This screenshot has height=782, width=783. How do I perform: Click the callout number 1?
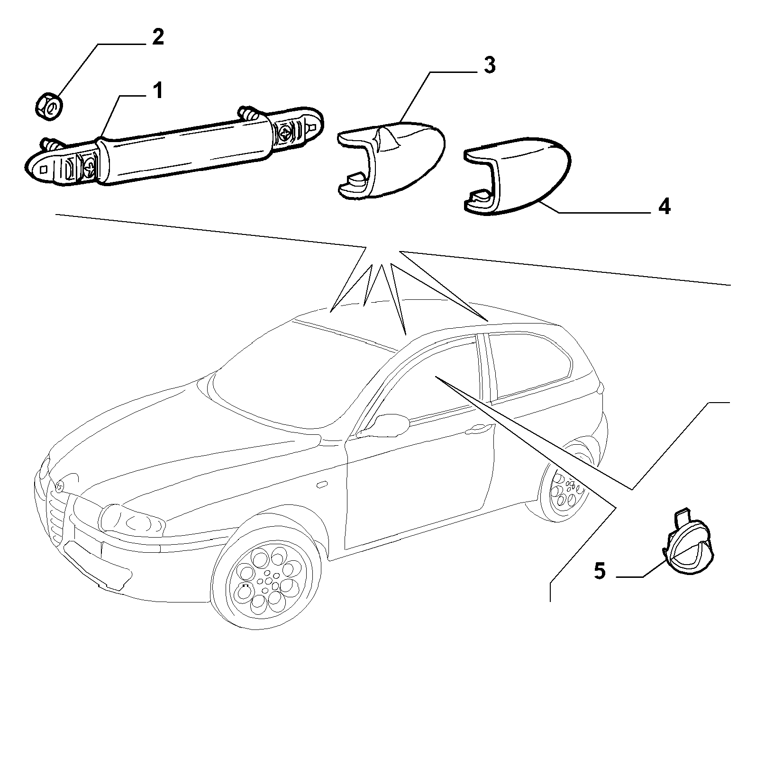[157, 91]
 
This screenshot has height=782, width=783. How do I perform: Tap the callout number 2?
[158, 37]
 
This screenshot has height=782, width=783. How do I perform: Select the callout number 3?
[490, 65]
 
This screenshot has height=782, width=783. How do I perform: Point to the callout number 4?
[665, 207]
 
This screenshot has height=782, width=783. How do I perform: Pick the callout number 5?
[600, 571]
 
